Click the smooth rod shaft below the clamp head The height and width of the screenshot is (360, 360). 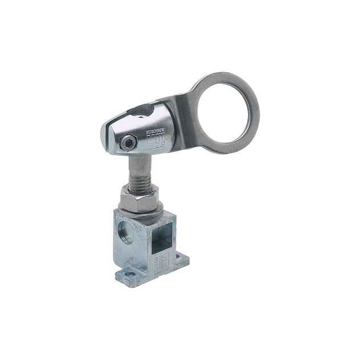[x=138, y=168]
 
